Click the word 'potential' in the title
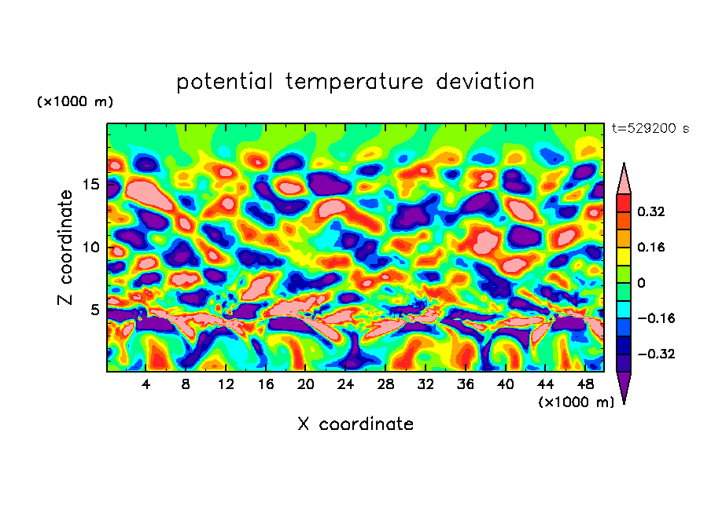[225, 82]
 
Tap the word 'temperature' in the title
[355, 82]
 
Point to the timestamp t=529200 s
[650, 129]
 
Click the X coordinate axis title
[355, 424]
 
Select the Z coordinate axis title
[66, 247]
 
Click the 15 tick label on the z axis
[90, 185]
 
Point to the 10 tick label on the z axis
[90, 248]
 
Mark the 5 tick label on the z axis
[94, 310]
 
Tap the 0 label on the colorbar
[641, 283]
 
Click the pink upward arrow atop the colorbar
[623, 179]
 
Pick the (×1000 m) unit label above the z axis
[75, 102]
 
